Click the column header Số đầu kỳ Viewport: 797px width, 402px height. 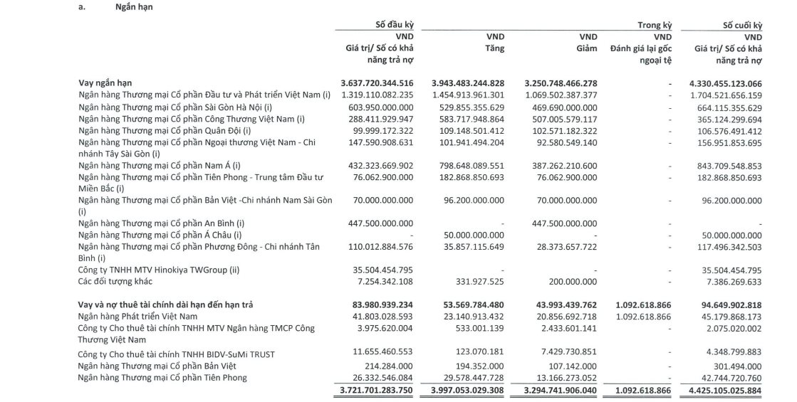click(x=394, y=25)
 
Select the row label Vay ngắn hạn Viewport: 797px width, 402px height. click(x=105, y=83)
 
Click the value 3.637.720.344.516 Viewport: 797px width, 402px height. click(x=377, y=83)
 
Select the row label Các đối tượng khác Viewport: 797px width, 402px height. click(x=114, y=281)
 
